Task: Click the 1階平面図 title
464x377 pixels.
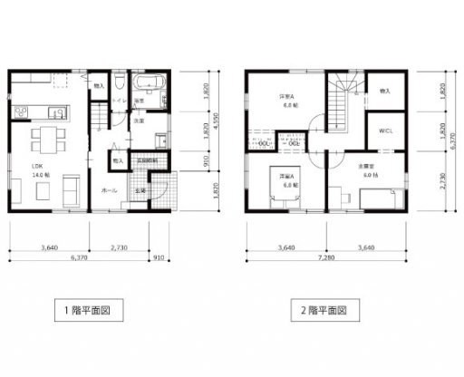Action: click(87, 309)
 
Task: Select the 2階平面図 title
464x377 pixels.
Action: click(324, 309)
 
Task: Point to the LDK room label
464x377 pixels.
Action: click(38, 166)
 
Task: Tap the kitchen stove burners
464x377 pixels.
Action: click(20, 111)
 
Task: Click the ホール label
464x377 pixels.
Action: click(108, 190)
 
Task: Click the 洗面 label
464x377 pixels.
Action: click(141, 121)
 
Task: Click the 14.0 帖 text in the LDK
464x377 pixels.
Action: click(39, 174)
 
